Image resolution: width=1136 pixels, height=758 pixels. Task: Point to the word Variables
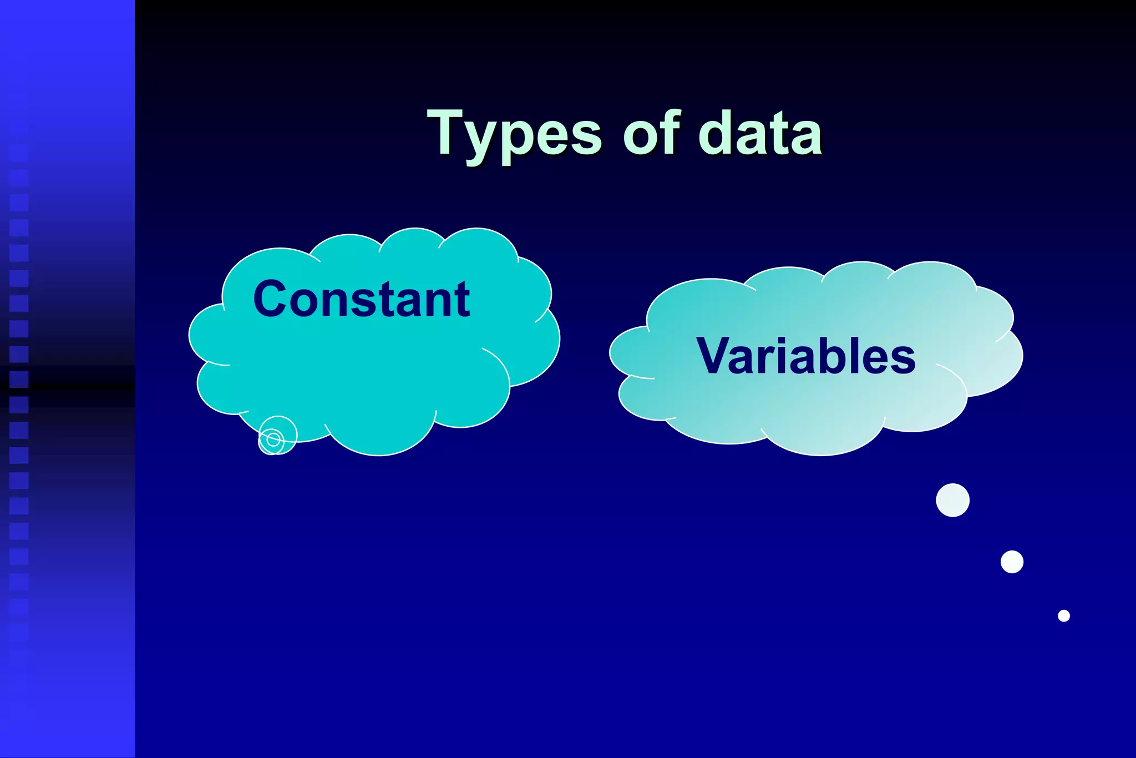point(805,356)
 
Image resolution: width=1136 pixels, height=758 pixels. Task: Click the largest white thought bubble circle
point(952,500)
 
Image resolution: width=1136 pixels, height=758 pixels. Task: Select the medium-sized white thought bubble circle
point(1012,562)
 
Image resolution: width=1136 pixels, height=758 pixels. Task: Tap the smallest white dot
point(1063,615)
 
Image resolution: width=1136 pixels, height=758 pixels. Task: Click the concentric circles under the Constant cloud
point(273,438)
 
